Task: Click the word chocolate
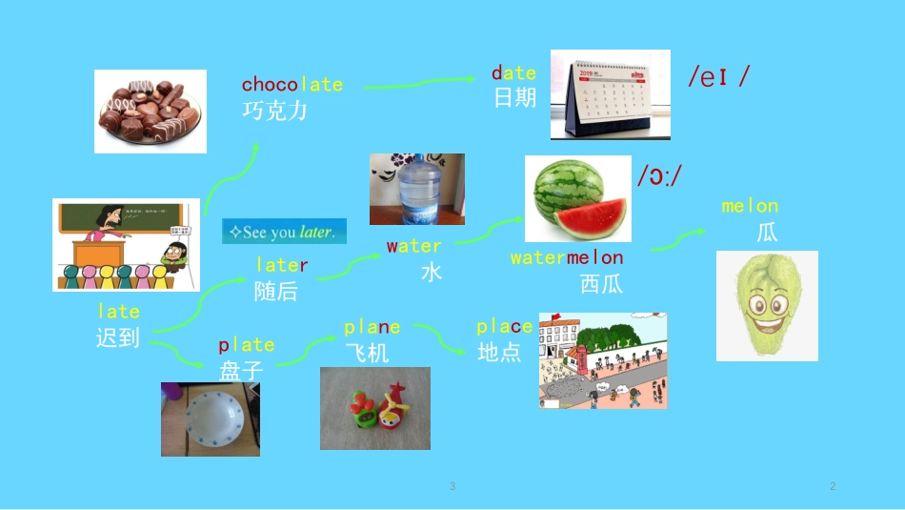292,85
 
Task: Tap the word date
513,73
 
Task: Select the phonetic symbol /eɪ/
717,76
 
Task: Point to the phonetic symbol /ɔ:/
659,175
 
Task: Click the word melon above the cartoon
750,206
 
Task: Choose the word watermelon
567,257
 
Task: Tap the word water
413,246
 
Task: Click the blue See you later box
284,232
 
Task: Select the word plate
246,345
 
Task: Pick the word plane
372,328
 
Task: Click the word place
505,327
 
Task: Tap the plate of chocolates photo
150,111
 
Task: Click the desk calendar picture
610,94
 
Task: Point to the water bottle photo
416,189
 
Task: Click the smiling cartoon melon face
767,306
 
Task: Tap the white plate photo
211,419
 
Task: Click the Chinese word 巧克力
274,111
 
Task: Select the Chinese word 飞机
367,353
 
